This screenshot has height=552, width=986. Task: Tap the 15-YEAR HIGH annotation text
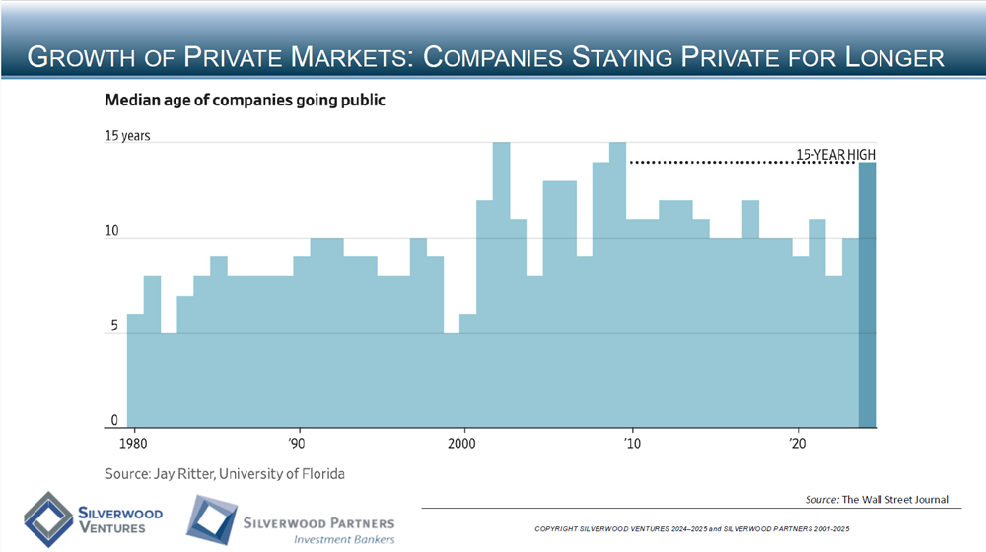click(x=835, y=154)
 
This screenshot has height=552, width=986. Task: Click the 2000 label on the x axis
click(x=462, y=444)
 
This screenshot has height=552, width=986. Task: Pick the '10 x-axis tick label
click(x=631, y=444)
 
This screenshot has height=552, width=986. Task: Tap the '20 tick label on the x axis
click(x=797, y=444)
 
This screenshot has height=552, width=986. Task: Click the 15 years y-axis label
click(x=127, y=136)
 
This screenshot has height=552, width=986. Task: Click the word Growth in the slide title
click(x=79, y=58)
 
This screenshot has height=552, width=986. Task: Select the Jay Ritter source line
click(x=225, y=474)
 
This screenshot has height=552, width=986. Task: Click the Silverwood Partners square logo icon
click(x=210, y=519)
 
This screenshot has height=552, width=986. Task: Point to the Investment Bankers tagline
click(x=339, y=539)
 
